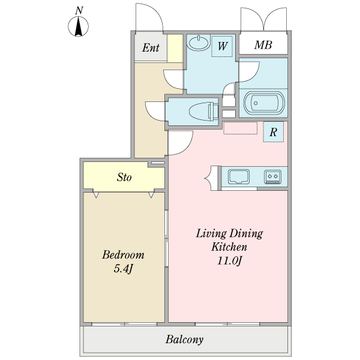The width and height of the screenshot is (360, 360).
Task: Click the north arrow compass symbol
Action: (78, 26)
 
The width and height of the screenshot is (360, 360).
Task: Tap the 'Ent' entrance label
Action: (151, 47)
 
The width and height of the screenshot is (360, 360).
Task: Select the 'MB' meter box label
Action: (263, 45)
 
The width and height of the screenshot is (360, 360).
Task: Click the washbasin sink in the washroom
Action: (198, 43)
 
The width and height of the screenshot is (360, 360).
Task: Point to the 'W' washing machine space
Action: (222, 46)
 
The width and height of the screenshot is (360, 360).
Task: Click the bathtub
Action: (264, 103)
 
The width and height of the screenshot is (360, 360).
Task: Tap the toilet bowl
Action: (203, 112)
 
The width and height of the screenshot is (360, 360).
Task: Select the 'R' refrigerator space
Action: (273, 132)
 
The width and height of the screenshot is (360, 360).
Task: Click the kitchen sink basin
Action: (239, 176)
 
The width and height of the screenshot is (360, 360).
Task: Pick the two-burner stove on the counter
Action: (273, 177)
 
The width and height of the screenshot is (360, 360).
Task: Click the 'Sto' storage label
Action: (124, 177)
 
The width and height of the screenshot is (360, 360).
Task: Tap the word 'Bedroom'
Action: (123, 254)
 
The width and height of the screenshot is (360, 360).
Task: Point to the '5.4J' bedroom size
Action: (123, 269)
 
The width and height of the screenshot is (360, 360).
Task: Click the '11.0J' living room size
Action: (230, 260)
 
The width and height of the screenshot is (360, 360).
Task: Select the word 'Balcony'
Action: (184, 340)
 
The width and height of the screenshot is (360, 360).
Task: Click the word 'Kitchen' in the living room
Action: (229, 247)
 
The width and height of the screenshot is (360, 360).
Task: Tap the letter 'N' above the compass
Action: (79, 11)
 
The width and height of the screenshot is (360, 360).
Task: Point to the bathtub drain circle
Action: (256, 103)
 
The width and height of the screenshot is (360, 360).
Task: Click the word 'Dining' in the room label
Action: (247, 234)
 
